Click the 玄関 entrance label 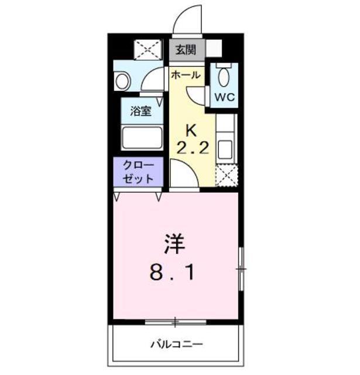tap(188, 50)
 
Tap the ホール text tap(186, 75)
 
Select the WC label tap(224, 97)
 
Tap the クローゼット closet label tap(138, 172)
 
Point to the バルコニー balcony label tap(176, 343)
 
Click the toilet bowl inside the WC tap(224, 76)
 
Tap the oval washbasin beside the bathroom tap(123, 81)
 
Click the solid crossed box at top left tap(148, 50)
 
